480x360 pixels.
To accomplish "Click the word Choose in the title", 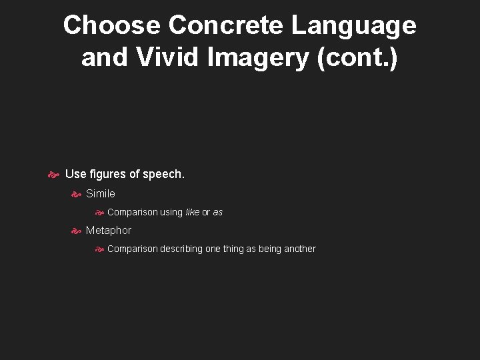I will [x=111, y=25].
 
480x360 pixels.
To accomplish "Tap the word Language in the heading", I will [x=354, y=25].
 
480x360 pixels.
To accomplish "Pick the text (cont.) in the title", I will [x=358, y=57].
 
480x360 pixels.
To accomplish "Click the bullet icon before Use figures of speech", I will [x=54, y=175].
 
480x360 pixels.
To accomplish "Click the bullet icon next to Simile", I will [x=76, y=194].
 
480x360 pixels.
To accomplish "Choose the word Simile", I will [x=101, y=193].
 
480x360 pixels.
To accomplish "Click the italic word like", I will [x=192, y=212].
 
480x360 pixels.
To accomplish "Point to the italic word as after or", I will [x=218, y=212].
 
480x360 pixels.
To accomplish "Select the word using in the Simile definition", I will [x=171, y=212].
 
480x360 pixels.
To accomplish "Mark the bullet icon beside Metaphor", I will [x=76, y=231].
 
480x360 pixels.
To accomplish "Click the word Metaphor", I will [x=109, y=230].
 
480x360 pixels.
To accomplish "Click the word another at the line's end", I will [x=300, y=249].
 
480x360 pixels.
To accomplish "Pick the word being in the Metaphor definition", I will [x=268, y=249].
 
